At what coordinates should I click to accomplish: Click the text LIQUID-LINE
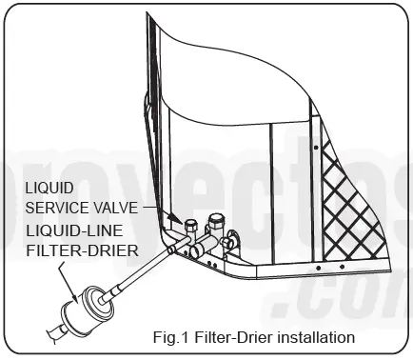point(69,230)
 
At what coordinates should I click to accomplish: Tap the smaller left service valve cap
point(189,227)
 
